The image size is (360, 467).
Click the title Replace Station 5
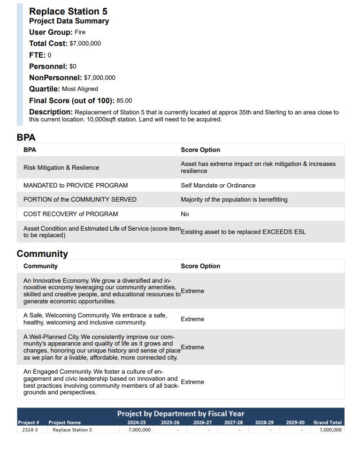[x=68, y=11]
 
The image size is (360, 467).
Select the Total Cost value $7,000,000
[x=85, y=44]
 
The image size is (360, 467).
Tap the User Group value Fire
[x=80, y=32]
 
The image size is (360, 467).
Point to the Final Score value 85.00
[x=124, y=101]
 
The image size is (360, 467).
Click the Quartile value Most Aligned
[x=80, y=89]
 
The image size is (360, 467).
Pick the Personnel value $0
[x=73, y=67]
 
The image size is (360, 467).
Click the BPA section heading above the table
[x=26, y=137]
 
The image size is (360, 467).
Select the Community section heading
[x=42, y=254]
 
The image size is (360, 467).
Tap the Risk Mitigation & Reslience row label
[x=61, y=168]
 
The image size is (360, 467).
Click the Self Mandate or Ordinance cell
[x=218, y=186]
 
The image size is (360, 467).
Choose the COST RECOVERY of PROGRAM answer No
[x=185, y=214]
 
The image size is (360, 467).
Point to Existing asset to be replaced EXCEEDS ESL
[x=243, y=232]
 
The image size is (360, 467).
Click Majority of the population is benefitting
[x=234, y=200]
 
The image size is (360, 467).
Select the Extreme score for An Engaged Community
[x=192, y=382]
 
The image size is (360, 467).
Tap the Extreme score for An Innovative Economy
[x=192, y=291]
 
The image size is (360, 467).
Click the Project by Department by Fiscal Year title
[x=181, y=414]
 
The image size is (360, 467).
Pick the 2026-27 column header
[x=202, y=422]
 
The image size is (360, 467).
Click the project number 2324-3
[x=30, y=429]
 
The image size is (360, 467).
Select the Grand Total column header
[x=327, y=422]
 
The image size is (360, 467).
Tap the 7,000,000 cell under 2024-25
[x=139, y=429]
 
